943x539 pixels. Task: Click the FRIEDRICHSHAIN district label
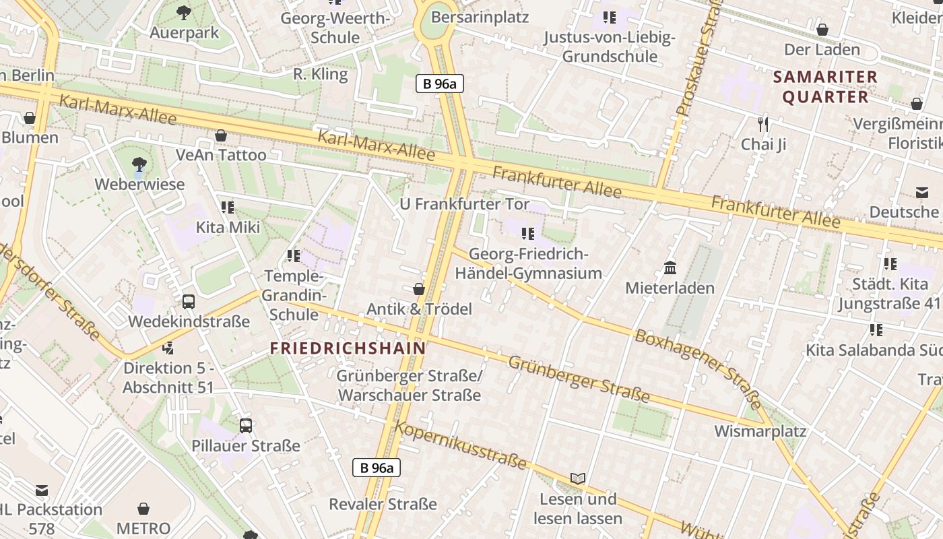pos(348,348)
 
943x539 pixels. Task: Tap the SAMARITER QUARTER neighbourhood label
pos(825,87)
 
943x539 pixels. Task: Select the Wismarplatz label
pos(760,431)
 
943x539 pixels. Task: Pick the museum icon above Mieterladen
pos(670,268)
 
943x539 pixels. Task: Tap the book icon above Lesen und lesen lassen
pos(577,478)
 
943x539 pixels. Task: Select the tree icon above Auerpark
pos(183,12)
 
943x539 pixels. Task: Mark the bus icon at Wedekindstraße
pos(189,302)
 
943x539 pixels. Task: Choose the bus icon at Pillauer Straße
pos(246,426)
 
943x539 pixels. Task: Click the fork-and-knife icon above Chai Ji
pos(763,124)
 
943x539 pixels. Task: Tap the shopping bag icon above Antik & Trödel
pos(419,289)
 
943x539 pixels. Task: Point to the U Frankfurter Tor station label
pos(465,203)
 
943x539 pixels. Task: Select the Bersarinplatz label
pos(480,17)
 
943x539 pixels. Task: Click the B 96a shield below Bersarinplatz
pos(440,84)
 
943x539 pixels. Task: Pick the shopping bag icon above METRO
pos(143,508)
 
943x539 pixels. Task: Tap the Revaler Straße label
pos(383,504)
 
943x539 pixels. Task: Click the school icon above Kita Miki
pos(228,207)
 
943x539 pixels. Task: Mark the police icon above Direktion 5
pos(168,348)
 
